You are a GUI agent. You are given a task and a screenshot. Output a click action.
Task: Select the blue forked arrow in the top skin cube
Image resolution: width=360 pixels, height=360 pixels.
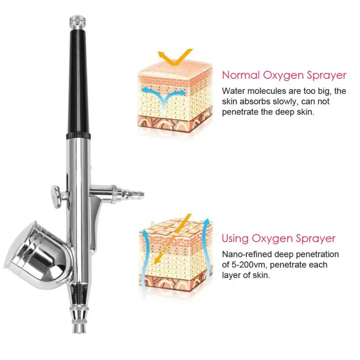[164, 95]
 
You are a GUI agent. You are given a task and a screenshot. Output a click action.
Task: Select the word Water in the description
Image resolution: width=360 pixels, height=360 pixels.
[233, 91]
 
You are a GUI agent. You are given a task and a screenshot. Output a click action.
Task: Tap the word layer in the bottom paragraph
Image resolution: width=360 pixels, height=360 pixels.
[230, 275]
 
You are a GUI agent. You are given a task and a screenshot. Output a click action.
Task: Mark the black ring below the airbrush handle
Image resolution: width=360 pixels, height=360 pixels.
[78, 135]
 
